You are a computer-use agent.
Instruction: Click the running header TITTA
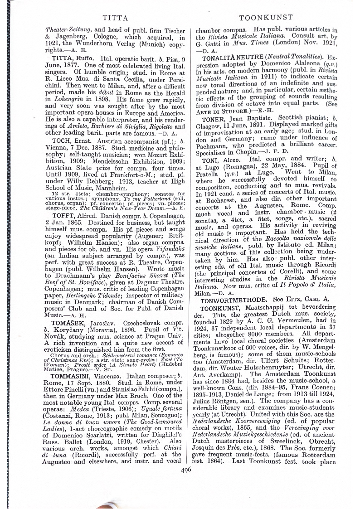pos(111,18)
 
